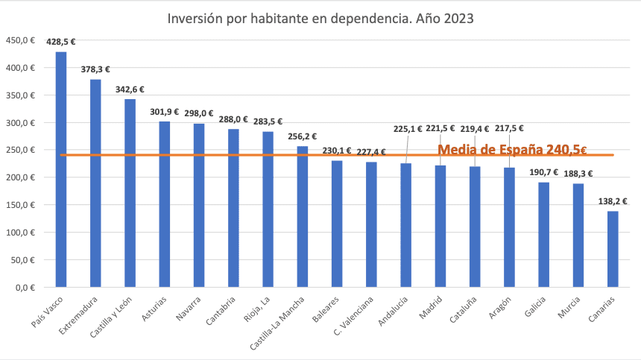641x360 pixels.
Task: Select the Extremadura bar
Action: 95,183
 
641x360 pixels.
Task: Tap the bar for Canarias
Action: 613,249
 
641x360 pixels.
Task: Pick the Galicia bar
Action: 544,235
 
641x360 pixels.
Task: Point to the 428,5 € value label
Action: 61,42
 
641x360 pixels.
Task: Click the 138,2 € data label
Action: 613,202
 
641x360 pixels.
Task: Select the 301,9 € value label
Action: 164,112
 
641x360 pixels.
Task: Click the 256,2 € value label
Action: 303,136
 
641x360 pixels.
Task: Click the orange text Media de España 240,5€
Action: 511,149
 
